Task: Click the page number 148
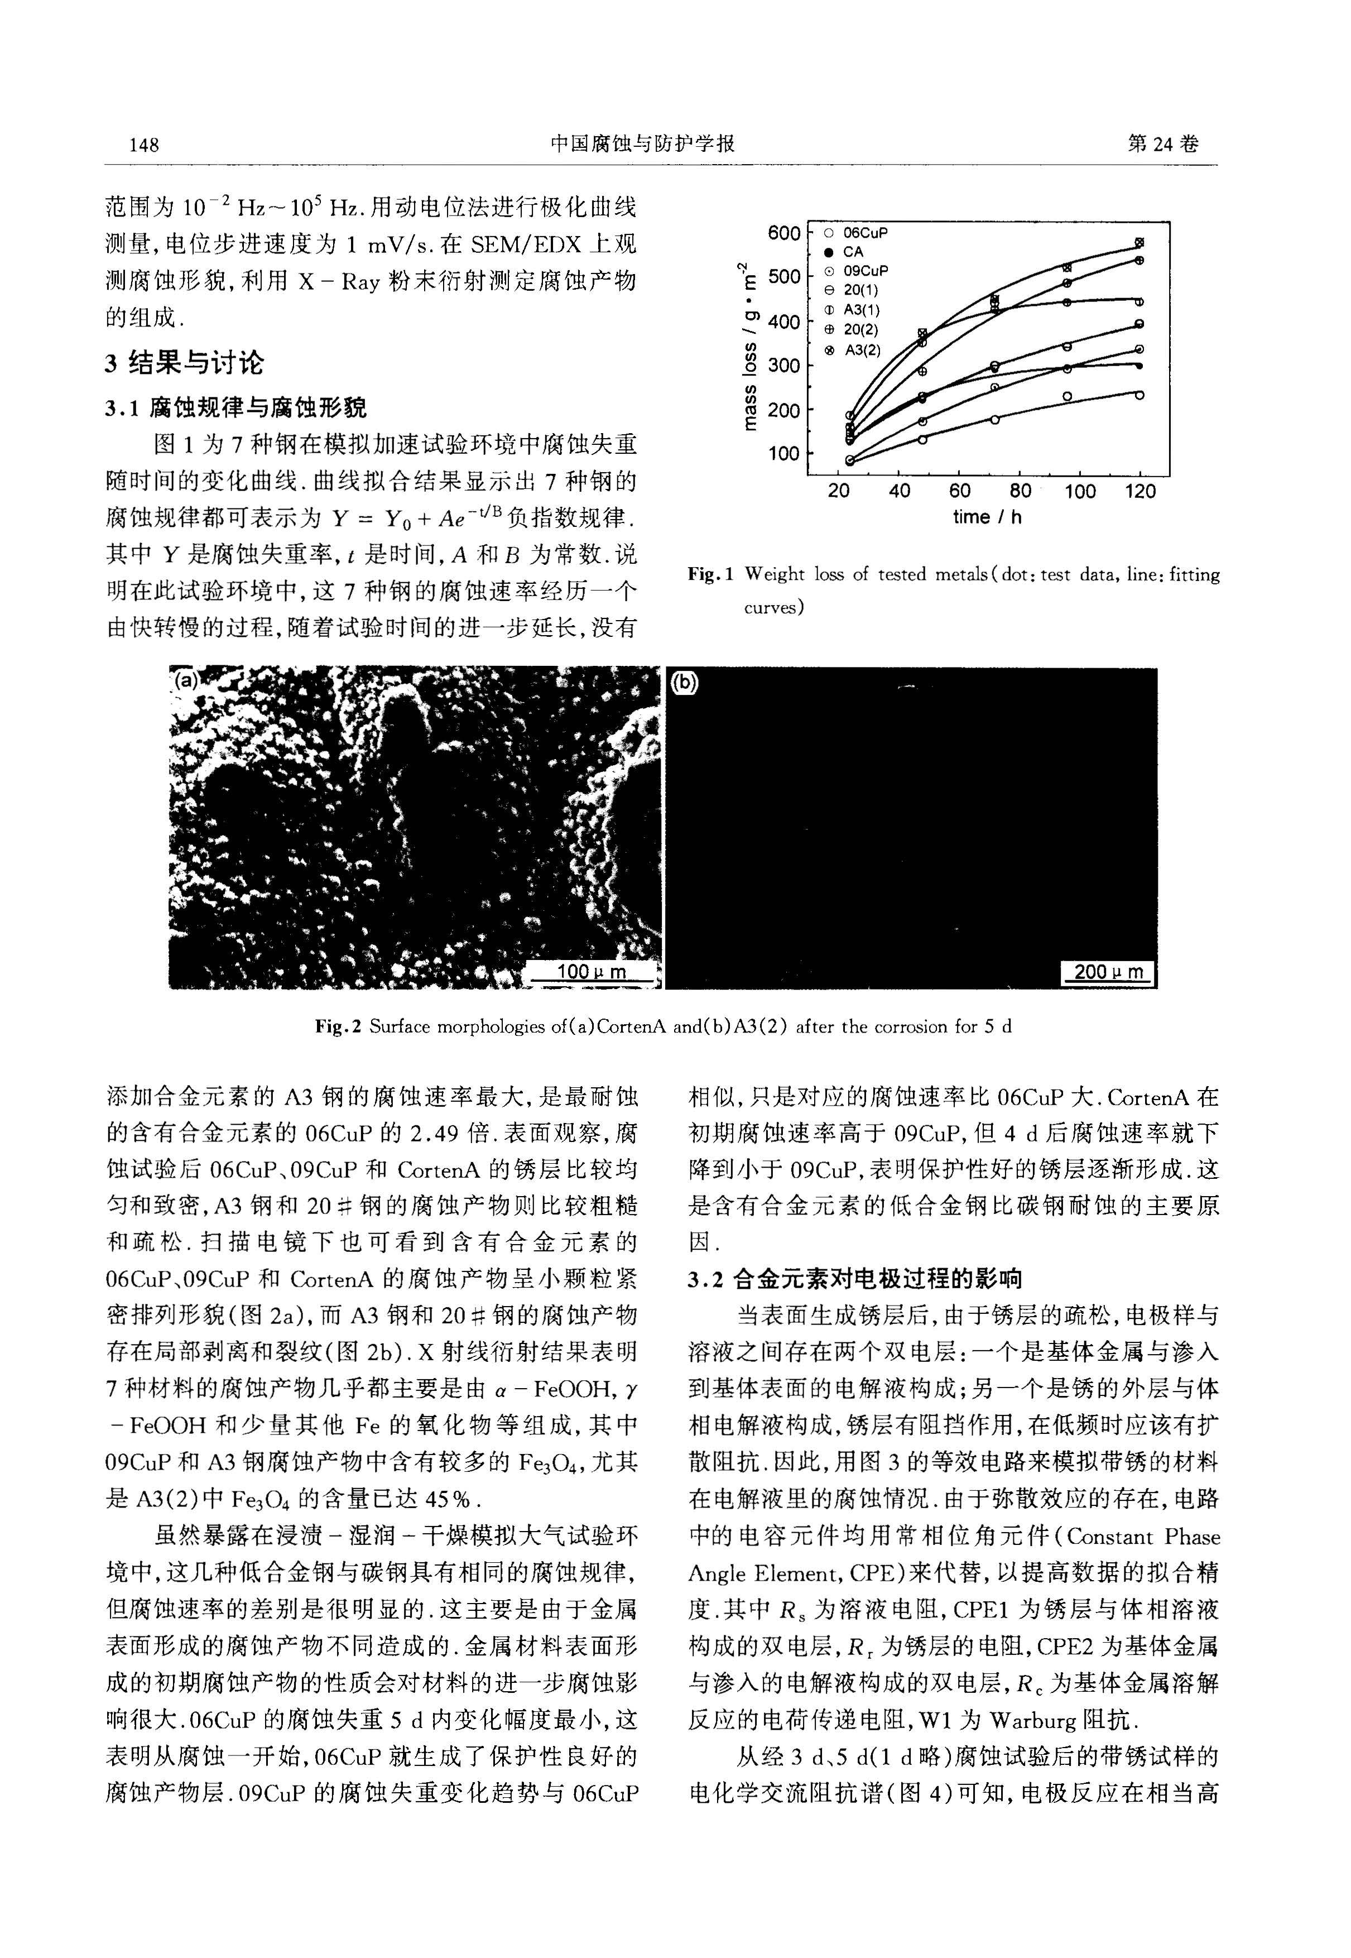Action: pos(144,145)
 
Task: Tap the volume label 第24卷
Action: pos(1163,144)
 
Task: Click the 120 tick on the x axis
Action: pos(1140,492)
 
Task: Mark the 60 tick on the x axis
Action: pos(960,492)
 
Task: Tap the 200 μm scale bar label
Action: pos(1107,972)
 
